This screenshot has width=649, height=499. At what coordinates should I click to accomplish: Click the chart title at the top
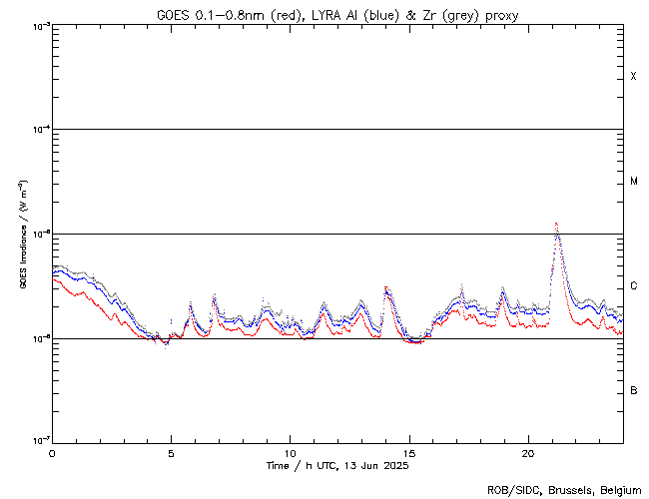[x=337, y=14]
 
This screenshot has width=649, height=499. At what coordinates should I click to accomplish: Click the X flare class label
[x=634, y=77]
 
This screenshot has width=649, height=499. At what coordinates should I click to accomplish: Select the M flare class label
[x=634, y=182]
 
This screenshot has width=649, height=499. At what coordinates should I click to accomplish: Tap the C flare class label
[x=634, y=286]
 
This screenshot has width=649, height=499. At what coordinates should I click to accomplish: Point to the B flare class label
[x=634, y=390]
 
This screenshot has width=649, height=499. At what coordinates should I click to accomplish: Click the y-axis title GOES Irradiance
[x=22, y=235]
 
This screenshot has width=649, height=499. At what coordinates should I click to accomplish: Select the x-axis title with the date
[x=337, y=466]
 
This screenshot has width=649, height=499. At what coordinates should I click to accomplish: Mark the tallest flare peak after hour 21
[x=556, y=225]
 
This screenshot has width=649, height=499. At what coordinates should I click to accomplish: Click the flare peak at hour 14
[x=385, y=287]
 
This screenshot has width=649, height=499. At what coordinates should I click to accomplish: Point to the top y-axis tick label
[x=37, y=25]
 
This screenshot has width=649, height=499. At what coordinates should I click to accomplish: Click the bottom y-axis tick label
[x=37, y=440]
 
